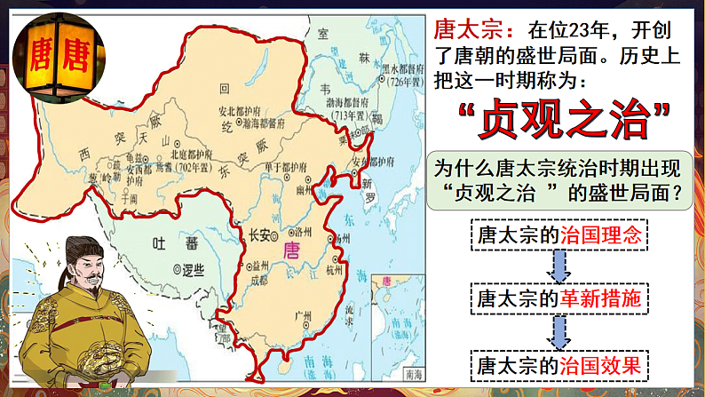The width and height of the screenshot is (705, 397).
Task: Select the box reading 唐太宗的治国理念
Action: [557, 235]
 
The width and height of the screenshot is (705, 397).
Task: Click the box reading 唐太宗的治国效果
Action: [557, 364]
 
